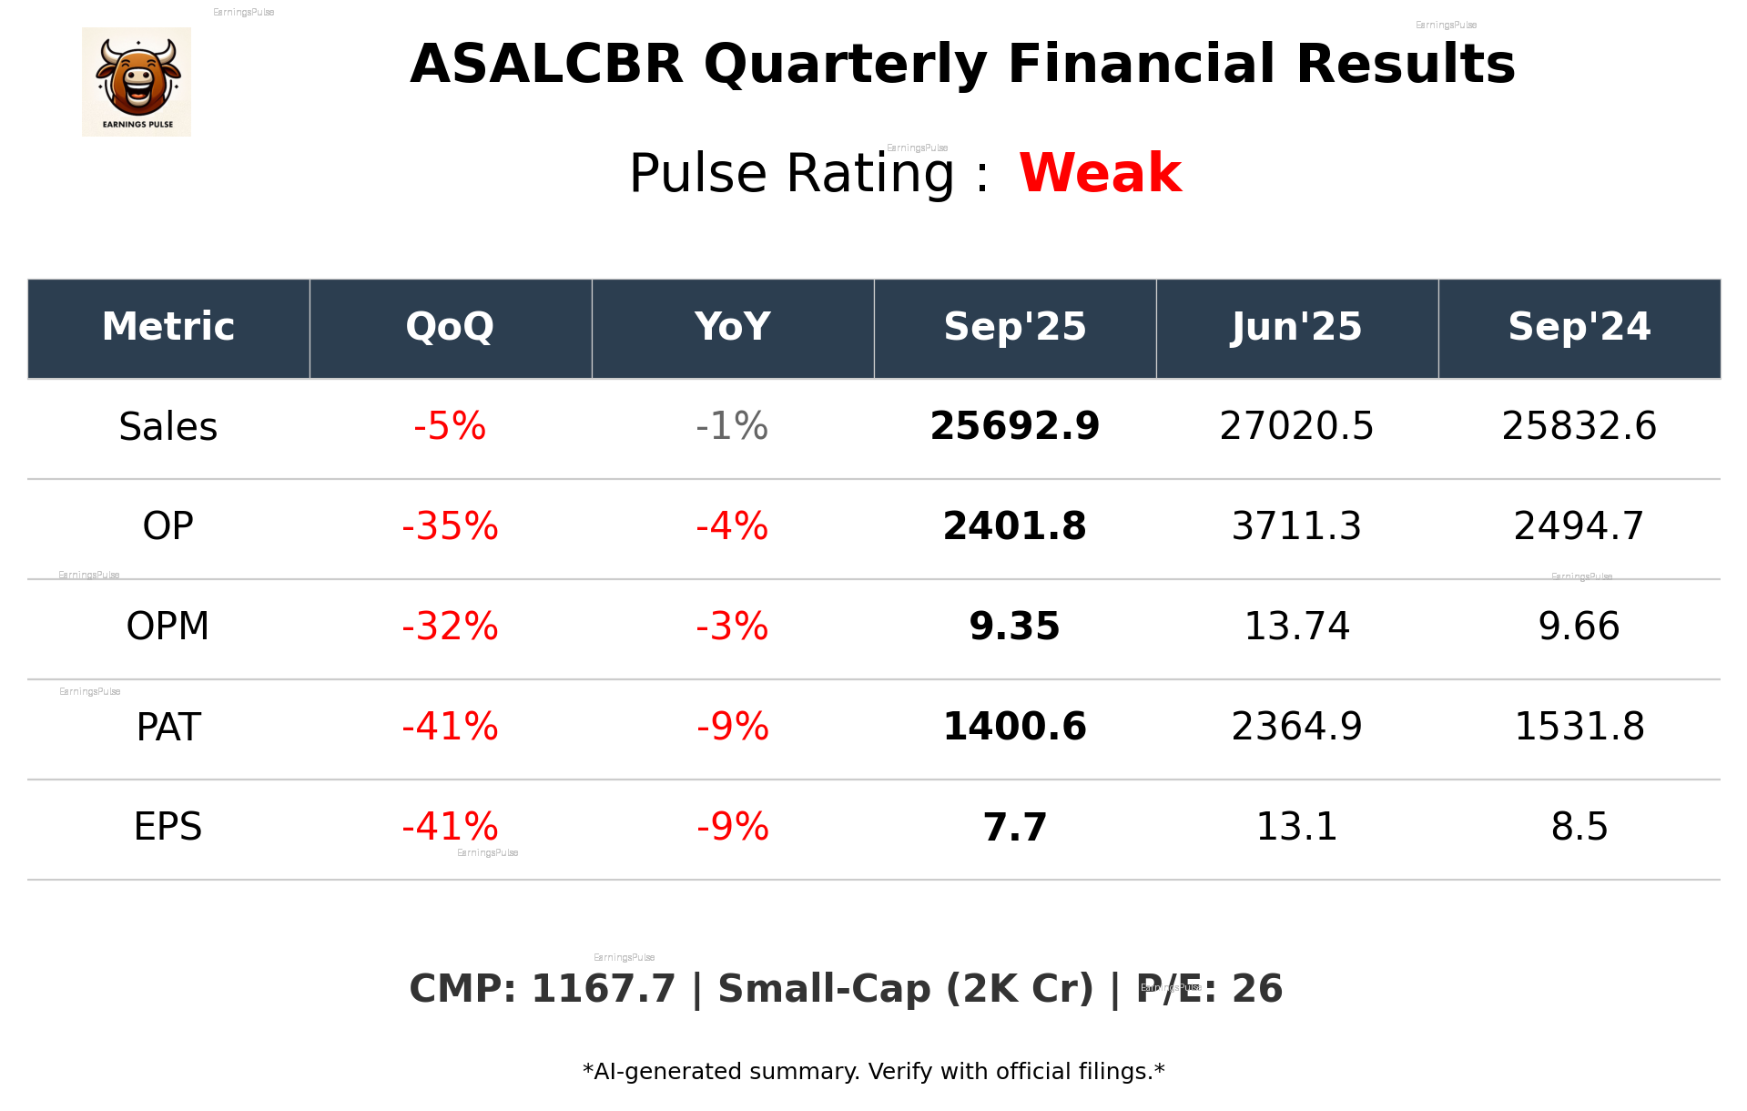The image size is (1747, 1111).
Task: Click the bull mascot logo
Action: tap(137, 82)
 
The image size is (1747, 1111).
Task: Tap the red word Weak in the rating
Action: tap(1100, 173)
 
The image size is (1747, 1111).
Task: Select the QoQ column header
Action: tap(450, 327)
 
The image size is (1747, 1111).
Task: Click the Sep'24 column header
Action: tap(1579, 327)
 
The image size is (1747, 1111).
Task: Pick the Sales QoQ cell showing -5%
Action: tap(450, 426)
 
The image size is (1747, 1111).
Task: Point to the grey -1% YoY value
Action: tap(732, 426)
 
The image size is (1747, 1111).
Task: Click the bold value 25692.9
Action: tap(1014, 426)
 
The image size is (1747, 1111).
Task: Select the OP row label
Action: tap(168, 526)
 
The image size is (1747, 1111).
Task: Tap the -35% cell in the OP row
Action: tap(450, 526)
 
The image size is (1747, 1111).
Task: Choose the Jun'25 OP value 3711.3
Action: tap(1296, 526)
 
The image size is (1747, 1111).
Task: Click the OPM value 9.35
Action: tap(1014, 627)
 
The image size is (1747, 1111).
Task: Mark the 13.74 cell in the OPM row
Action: tap(1296, 627)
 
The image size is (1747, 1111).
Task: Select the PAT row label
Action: tap(168, 727)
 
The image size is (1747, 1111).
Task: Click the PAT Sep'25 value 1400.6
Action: tap(1014, 727)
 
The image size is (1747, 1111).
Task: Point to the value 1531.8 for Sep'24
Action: tap(1579, 727)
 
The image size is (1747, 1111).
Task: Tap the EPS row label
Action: tap(168, 827)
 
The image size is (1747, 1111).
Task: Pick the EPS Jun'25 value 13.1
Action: tap(1296, 827)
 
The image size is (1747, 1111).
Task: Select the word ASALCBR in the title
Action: tap(546, 65)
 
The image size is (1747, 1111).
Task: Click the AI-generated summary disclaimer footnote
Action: tap(873, 1072)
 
